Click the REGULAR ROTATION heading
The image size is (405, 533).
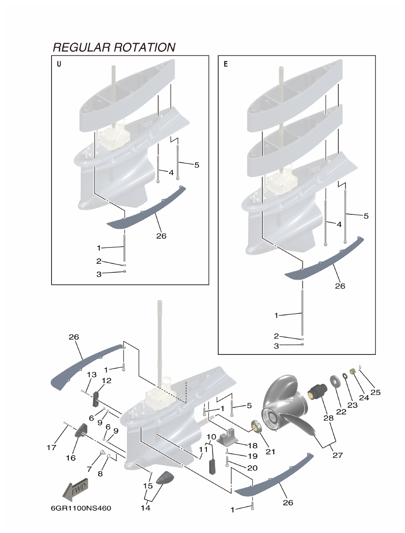pos(114,47)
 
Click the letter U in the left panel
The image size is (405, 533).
pos(59,64)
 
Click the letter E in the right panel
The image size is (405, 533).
pos(226,64)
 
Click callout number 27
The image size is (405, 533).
pos(337,455)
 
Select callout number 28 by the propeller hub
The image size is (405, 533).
pos(328,418)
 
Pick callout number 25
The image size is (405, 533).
pos(375,392)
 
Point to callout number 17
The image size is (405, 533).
pos(51,447)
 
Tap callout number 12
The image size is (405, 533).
pos(106,380)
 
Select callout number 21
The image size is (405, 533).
pos(270,452)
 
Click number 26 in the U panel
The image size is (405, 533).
pos(161,236)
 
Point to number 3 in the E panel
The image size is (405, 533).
pos(276,346)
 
